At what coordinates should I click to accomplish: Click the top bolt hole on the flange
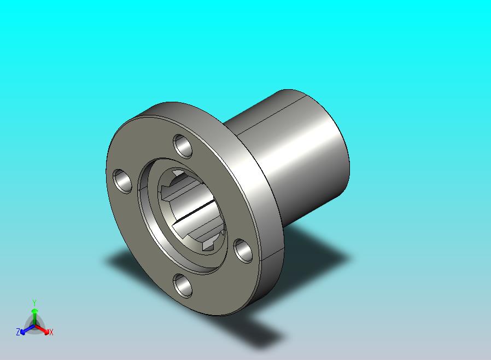tap(183, 146)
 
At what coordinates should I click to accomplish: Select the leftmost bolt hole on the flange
tap(122, 181)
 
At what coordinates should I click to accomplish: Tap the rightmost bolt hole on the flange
tap(243, 251)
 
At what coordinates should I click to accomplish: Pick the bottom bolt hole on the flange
tap(183, 286)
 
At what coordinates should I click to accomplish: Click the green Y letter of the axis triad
tap(34, 303)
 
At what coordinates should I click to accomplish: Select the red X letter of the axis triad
tap(51, 332)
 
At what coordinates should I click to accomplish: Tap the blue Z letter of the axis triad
tap(18, 332)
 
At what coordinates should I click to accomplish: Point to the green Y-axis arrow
tap(35, 317)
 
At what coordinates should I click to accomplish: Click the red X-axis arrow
tap(42, 329)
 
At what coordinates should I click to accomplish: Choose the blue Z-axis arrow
tap(27, 329)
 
